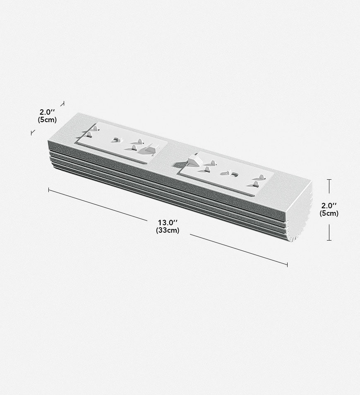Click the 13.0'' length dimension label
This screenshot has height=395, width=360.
(x=168, y=223)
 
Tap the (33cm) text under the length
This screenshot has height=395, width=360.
(x=168, y=230)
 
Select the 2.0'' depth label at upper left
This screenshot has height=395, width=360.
(x=47, y=112)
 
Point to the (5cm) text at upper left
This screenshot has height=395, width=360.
(x=47, y=120)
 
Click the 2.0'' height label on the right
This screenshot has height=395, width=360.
(x=329, y=205)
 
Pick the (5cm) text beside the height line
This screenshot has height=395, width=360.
(x=329, y=213)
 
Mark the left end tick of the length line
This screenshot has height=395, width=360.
(x=48, y=190)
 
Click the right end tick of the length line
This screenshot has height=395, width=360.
(x=287, y=264)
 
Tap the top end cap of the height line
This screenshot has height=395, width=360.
(x=329, y=179)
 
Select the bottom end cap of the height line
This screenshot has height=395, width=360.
(x=329, y=240)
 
